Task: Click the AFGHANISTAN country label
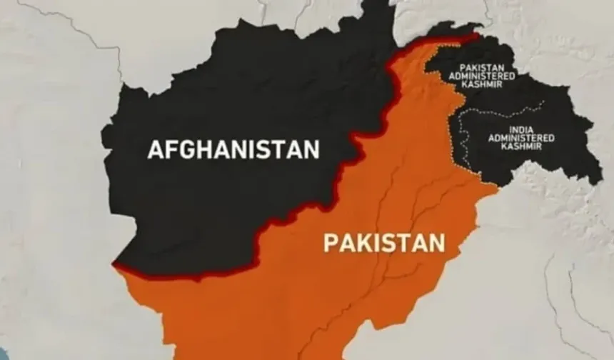[x=233, y=150]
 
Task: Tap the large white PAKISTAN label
[x=384, y=243]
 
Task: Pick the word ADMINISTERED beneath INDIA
[x=520, y=137]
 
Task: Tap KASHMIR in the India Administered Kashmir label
[x=520, y=146]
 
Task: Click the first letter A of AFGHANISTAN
[x=156, y=150]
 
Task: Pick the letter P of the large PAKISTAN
[x=331, y=243]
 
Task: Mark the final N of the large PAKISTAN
[x=436, y=243]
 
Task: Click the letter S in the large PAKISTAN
[x=389, y=243]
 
